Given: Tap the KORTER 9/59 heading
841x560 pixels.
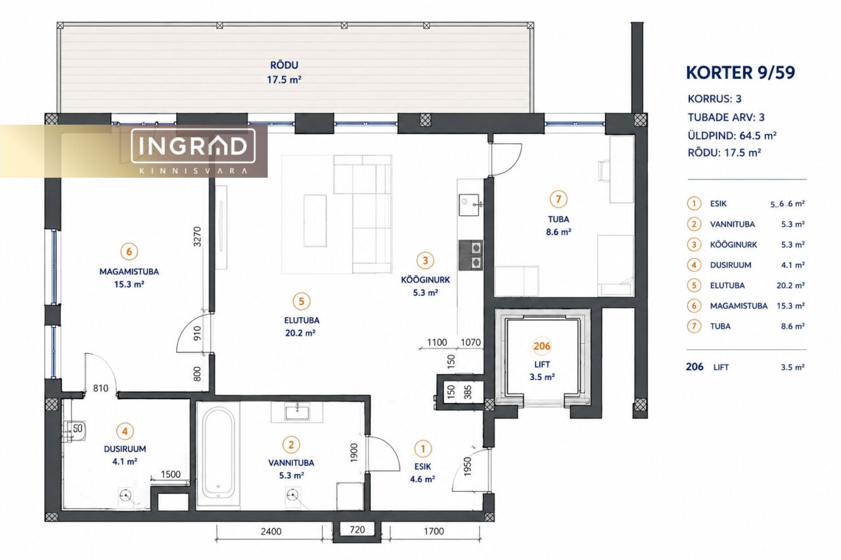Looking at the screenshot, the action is [740, 73].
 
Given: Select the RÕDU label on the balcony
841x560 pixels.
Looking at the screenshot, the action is [284, 65].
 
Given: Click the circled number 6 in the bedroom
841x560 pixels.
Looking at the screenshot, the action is [129, 251].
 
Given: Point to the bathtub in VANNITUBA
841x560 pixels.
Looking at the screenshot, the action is [219, 454].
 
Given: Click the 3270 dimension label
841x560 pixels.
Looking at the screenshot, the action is [198, 237].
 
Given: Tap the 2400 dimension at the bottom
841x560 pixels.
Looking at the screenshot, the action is [271, 531].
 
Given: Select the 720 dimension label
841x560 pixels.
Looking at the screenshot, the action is [357, 530].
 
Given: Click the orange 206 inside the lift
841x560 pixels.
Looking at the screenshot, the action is [542, 346].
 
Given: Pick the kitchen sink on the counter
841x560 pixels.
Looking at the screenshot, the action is [469, 205].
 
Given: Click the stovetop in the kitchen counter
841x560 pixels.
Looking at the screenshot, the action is [470, 255].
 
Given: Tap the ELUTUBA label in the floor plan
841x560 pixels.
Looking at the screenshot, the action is [302, 320].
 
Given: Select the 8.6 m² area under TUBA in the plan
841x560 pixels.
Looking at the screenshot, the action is [558, 232].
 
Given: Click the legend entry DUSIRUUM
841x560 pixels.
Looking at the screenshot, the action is [731, 265].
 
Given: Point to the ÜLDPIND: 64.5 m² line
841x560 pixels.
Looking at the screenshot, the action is [732, 135].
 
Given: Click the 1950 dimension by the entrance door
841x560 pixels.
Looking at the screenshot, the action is [467, 467].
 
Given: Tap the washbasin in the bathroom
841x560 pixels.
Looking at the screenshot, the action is [297, 412].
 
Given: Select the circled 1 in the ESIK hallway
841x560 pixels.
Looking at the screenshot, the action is [423, 448].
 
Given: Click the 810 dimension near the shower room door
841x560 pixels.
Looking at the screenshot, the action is [101, 388].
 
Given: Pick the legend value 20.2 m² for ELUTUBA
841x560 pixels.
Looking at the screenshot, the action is [790, 286].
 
